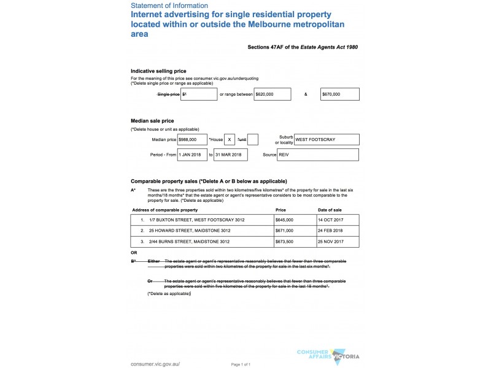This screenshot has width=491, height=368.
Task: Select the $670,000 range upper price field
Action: coord(339,94)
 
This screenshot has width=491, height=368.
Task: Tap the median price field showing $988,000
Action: coord(191,140)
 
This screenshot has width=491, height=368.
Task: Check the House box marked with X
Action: coord(230,140)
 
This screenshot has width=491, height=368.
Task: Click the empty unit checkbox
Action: coord(253,140)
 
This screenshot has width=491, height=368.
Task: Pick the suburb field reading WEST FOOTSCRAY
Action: coord(327,140)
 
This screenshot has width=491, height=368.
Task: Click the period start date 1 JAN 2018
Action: coord(193,155)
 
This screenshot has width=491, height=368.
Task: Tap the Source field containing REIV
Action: coord(318,155)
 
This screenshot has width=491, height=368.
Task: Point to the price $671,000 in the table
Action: coord(285,231)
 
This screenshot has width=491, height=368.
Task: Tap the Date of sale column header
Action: coord(330,210)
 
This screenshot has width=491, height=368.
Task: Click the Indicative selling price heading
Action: coord(158,71)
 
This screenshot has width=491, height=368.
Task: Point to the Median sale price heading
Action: coord(152,121)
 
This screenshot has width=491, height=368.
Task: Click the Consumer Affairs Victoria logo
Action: coord(328,354)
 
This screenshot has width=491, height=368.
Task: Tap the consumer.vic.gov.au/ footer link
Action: coord(155,364)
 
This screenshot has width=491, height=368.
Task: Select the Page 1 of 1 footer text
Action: coord(241,364)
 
